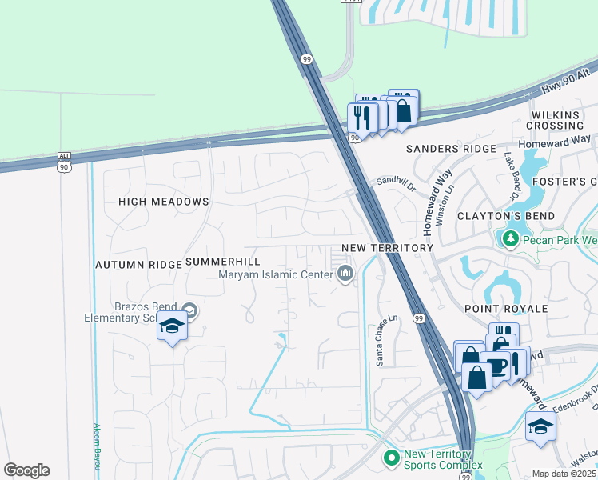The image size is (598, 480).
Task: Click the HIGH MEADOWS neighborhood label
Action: pos(163,202)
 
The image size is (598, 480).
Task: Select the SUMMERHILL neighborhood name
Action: pos(222,262)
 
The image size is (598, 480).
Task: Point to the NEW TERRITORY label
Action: pos(387,248)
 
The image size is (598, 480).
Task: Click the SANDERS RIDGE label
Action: pos(452,149)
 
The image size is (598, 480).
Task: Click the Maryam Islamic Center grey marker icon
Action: pos(345,274)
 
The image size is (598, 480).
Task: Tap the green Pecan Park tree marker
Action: pos(508,238)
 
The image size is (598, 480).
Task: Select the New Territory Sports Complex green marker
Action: pos(391,458)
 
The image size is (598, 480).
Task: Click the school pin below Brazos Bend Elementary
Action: pos(172,326)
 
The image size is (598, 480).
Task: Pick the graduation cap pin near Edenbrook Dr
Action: pos(540,426)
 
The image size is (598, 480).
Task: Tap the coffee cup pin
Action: pos(496,367)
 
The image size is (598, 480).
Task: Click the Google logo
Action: pos(27,470)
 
